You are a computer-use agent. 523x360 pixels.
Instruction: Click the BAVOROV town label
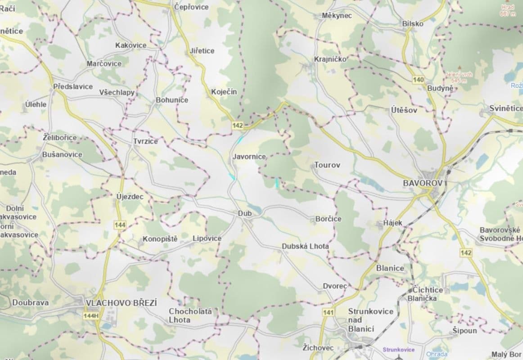423,183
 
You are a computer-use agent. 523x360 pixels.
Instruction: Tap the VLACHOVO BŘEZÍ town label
121,303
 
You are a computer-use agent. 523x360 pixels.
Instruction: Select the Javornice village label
249,157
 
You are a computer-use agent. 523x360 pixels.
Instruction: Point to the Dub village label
245,213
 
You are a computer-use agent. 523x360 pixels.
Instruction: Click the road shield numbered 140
418,80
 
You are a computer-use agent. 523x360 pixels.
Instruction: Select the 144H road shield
90,316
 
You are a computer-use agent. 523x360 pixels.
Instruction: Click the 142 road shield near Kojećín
238,126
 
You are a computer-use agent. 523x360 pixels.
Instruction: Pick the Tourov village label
327,165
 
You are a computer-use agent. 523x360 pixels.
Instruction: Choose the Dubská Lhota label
305,247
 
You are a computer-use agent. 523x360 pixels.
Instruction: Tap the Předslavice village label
72,86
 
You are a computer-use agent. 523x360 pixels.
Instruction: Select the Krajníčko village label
330,59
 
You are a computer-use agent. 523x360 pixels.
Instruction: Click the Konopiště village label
160,238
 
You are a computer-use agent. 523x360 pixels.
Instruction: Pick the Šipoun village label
464,331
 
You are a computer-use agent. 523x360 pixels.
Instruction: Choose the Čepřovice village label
191,7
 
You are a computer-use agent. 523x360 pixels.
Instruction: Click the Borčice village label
328,219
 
